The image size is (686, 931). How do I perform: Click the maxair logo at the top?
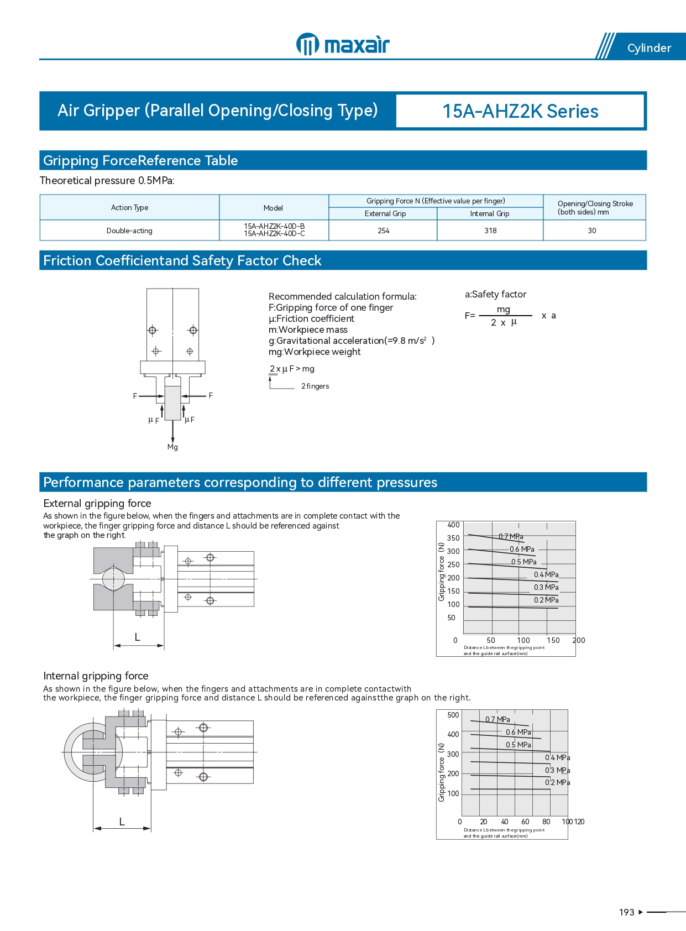(x=343, y=44)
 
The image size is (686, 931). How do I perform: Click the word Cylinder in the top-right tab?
(x=649, y=48)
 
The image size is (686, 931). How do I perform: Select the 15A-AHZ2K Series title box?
(x=520, y=111)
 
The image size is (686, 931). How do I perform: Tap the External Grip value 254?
(x=384, y=231)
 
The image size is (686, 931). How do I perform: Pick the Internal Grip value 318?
(x=490, y=231)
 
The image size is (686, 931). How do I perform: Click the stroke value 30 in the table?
(x=592, y=231)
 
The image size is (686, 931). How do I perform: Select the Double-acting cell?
(x=129, y=231)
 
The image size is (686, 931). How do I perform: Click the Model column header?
(x=273, y=208)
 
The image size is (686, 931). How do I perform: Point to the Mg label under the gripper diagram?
(x=172, y=447)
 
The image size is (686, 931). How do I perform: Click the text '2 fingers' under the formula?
(x=315, y=386)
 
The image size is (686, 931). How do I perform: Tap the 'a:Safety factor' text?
(x=495, y=294)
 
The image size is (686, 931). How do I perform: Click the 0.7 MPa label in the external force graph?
(x=511, y=536)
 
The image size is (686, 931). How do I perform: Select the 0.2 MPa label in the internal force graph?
(x=558, y=782)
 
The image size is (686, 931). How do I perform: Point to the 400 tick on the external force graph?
(x=453, y=525)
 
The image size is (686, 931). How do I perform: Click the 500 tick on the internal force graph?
(x=453, y=715)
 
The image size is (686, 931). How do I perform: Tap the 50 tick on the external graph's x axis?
(x=491, y=640)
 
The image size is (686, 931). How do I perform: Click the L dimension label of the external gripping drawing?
(x=138, y=637)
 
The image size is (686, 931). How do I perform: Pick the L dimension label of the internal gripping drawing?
(x=122, y=822)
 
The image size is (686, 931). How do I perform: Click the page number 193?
(x=626, y=912)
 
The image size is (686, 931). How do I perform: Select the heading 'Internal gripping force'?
(x=96, y=676)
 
